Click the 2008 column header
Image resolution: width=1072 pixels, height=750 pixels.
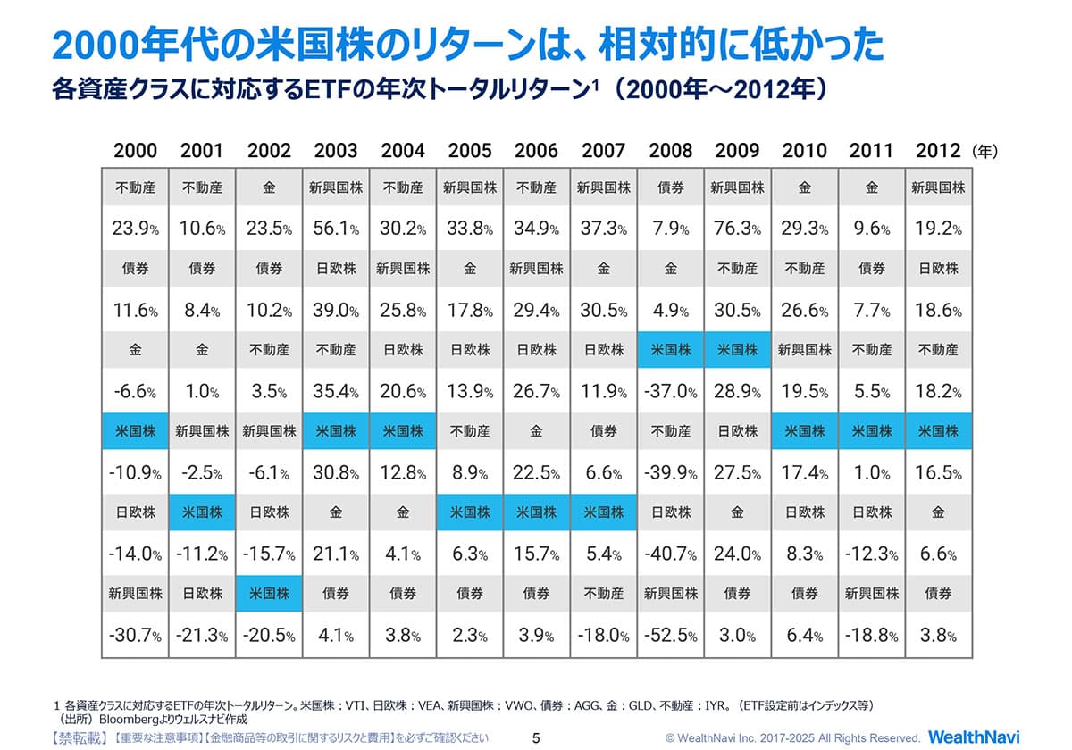[671, 150]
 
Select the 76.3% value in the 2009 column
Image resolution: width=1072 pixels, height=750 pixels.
[737, 229]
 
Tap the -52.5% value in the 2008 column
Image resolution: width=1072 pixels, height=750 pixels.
[671, 636]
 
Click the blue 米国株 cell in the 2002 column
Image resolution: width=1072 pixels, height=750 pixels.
[269, 594]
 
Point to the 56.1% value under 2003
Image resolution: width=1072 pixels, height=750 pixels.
[336, 229]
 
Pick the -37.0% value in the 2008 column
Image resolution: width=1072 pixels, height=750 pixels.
[671, 392]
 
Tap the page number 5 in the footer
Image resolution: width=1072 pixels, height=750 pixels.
[536, 738]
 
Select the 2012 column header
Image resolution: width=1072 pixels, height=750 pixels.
[938, 150]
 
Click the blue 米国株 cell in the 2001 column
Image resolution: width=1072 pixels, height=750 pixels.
[202, 512]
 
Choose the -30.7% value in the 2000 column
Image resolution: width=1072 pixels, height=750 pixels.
[135, 636]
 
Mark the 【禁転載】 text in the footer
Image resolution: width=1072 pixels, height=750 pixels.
[78, 737]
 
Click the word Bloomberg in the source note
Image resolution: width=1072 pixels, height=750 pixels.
[131, 719]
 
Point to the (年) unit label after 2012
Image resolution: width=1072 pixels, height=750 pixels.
[984, 151]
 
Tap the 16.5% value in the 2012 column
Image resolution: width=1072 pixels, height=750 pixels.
[938, 473]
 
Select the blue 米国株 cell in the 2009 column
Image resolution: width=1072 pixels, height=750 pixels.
[737, 350]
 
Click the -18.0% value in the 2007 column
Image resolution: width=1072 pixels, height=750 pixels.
[604, 636]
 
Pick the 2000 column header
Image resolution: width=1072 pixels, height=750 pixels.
[135, 150]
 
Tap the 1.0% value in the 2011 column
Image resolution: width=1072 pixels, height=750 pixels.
[871, 473]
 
